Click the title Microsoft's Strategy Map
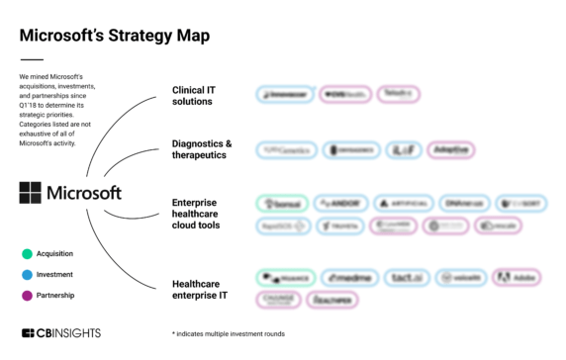tap(114, 36)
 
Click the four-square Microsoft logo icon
tap(30, 192)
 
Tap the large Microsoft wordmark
tap(84, 192)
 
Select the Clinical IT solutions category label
tap(193, 97)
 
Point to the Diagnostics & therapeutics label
tap(202, 149)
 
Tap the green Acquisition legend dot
tap(27, 253)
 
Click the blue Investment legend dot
tap(27, 274)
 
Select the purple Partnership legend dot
tap(27, 295)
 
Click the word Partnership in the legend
tap(56, 295)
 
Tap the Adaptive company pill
tap(451, 150)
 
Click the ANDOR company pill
tap(342, 203)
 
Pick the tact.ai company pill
tap(406, 278)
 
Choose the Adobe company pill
tap(517, 278)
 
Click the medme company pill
tap(349, 278)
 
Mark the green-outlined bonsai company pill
tap(281, 203)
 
